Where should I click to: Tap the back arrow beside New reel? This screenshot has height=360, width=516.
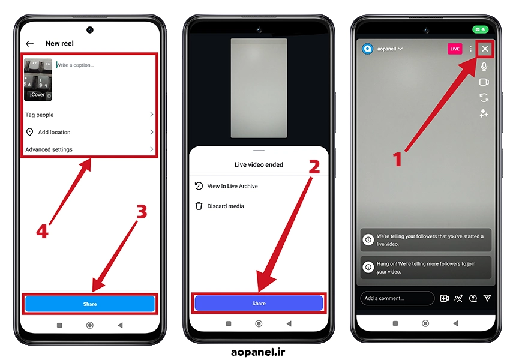point(29,43)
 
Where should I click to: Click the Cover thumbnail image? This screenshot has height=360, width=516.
point(38,79)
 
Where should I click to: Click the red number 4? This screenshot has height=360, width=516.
point(42,231)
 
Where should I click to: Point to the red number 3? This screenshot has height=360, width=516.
point(142,212)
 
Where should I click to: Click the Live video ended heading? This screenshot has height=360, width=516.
point(259,164)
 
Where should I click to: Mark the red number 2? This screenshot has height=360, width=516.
point(314,167)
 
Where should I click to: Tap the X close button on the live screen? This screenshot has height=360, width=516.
point(485,49)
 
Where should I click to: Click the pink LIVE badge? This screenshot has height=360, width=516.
point(455,49)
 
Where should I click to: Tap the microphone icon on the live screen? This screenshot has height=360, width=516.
point(484,67)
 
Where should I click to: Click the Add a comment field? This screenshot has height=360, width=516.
point(397,298)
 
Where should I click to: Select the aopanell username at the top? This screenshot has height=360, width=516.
point(386,49)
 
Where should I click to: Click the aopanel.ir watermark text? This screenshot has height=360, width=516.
point(258,352)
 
